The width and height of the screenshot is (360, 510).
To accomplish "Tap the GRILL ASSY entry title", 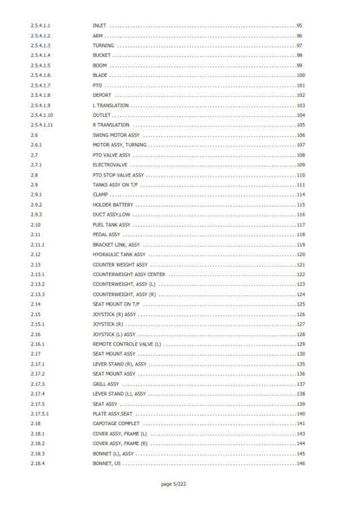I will click(x=106, y=384).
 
